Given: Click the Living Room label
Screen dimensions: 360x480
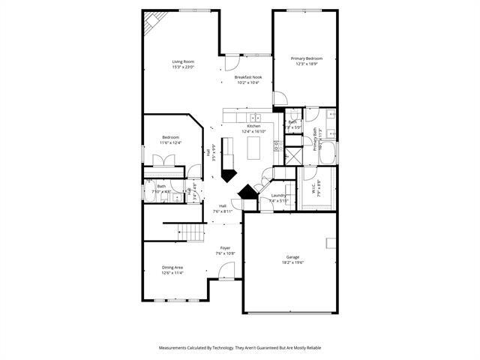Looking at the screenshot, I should pyautogui.click(x=183, y=61).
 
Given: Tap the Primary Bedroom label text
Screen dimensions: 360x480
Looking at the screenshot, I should pyautogui.click(x=307, y=58).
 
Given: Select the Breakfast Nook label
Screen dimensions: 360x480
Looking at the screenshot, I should pyautogui.click(x=247, y=77).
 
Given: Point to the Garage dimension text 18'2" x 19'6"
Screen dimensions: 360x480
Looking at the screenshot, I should pyautogui.click(x=292, y=262).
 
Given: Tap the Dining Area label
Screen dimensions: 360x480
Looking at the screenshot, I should pyautogui.click(x=172, y=267).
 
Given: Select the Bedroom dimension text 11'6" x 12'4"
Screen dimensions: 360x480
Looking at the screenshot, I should pyautogui.click(x=171, y=142).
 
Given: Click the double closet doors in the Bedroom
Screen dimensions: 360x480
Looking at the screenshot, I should pyautogui.click(x=164, y=160).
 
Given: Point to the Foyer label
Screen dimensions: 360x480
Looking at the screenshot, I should pyautogui.click(x=225, y=247).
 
